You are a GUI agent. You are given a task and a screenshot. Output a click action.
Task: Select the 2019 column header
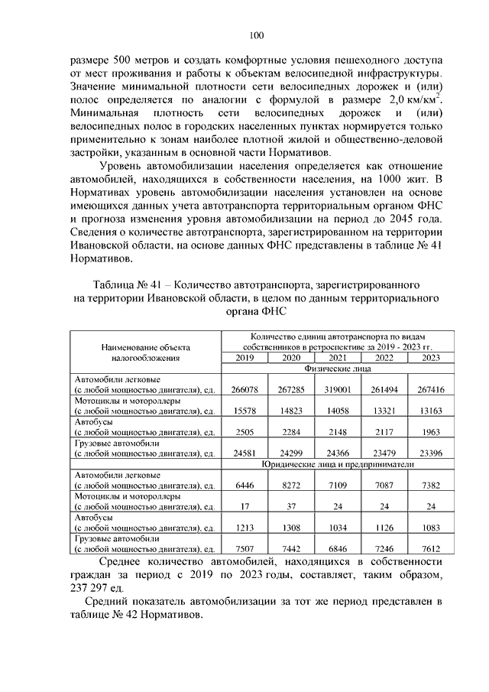pyautogui.click(x=244, y=358)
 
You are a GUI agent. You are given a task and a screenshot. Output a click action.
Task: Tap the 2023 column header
pyautogui.click(x=431, y=358)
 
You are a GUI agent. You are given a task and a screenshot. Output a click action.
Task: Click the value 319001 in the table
pyautogui.click(x=338, y=390)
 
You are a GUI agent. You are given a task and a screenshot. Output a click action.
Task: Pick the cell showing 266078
pyautogui.click(x=244, y=390)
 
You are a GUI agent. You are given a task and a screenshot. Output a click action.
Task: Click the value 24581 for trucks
pyautogui.click(x=244, y=454)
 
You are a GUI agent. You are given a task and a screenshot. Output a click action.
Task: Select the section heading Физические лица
pyautogui.click(x=337, y=369)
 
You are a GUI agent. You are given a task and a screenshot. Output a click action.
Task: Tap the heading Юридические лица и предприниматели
pyautogui.click(x=337, y=464)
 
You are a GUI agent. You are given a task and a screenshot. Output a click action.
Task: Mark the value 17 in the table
pyautogui.click(x=244, y=507)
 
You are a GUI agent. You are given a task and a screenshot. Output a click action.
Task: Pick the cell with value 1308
pyautogui.click(x=291, y=528)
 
